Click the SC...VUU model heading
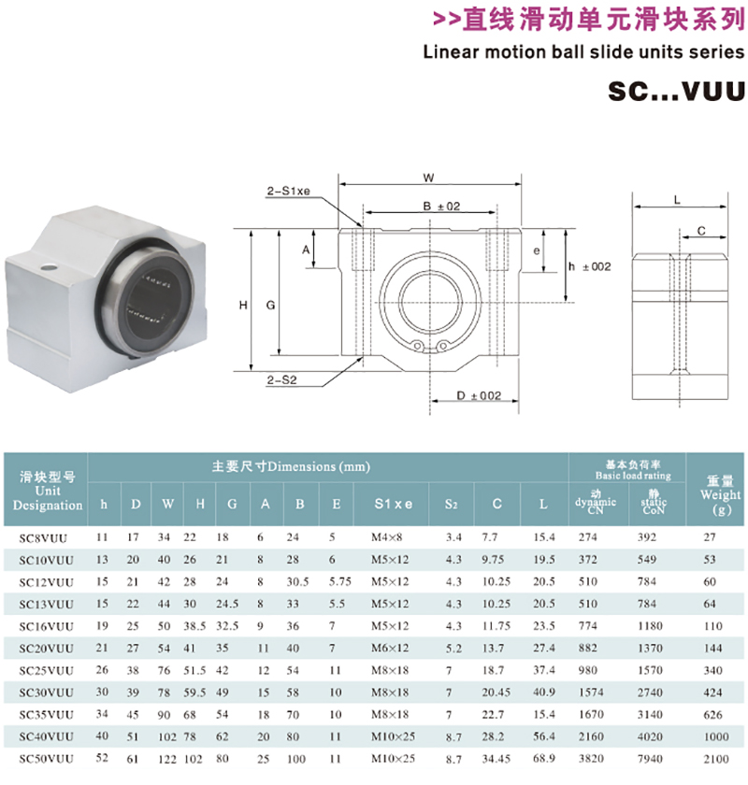676,92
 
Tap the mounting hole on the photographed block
48,266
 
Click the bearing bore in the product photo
149,305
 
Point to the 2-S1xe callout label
288,191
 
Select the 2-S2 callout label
281,380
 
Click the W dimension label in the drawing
428,178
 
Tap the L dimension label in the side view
677,200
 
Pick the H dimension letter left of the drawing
243,305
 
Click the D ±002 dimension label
479,395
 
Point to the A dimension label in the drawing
306,250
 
